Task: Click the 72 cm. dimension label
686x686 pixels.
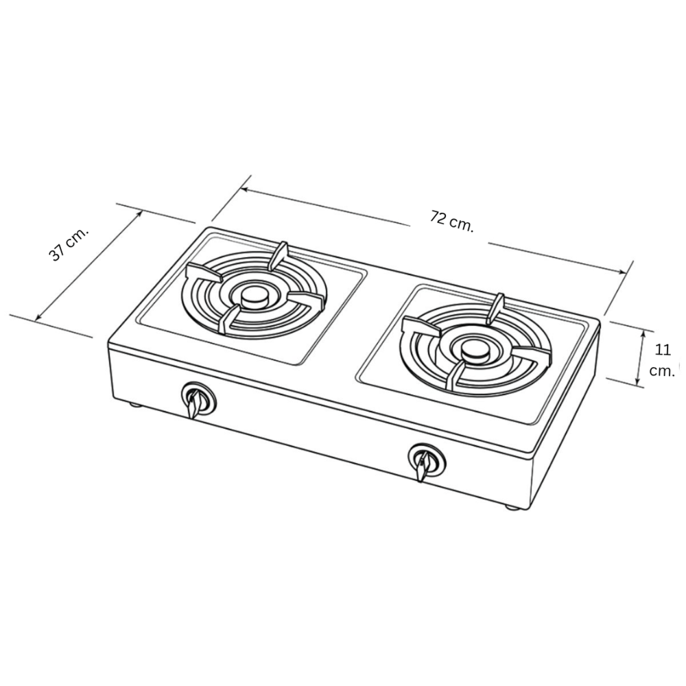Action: coord(452,222)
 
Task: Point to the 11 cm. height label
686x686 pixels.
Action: coord(661,361)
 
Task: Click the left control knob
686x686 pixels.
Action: coord(198,399)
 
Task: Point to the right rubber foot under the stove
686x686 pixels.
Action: coord(512,507)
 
